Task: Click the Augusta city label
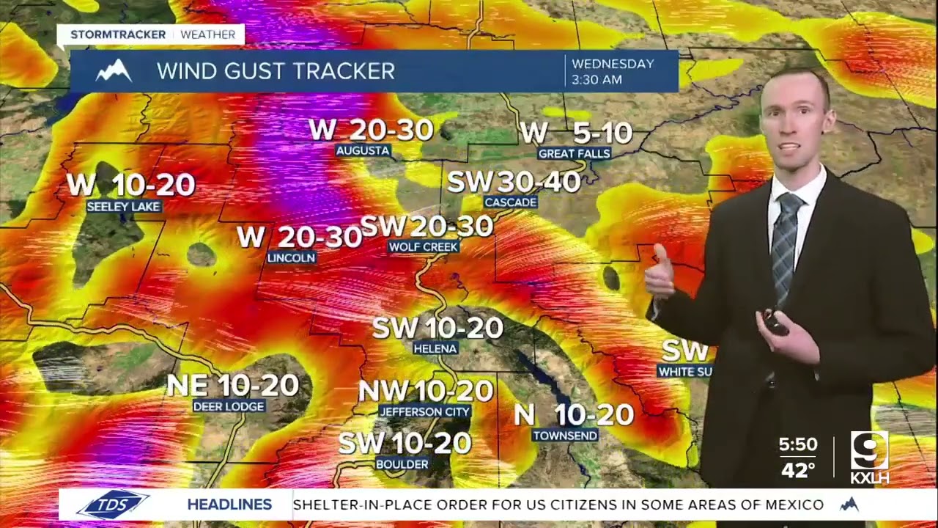363,150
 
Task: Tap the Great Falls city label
574,153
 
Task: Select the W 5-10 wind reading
576,133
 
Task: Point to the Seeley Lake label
123,207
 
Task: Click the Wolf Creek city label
424,247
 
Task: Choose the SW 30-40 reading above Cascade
514,182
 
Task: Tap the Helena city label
435,348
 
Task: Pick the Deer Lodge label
229,406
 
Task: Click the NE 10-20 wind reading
233,385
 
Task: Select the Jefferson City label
424,412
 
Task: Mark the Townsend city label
565,436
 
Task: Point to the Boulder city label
402,464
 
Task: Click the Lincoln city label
291,257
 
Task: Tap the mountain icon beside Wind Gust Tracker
114,71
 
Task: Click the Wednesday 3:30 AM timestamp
613,71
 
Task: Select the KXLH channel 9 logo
870,457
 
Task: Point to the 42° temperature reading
798,470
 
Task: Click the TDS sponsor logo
114,505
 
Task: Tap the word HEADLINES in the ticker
229,505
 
